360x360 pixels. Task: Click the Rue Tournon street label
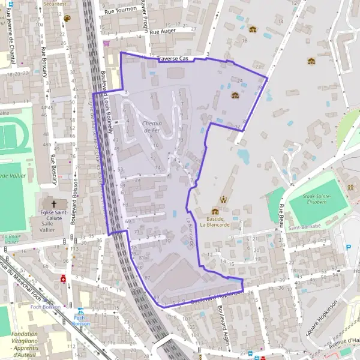point(121,11)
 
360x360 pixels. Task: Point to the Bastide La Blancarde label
point(214,221)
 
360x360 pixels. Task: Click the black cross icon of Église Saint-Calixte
point(54,204)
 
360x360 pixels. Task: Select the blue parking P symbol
point(349,247)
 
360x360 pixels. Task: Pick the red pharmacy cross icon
point(64,280)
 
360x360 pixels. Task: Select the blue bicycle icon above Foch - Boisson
point(81,311)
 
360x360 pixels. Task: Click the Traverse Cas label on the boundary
point(173,59)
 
